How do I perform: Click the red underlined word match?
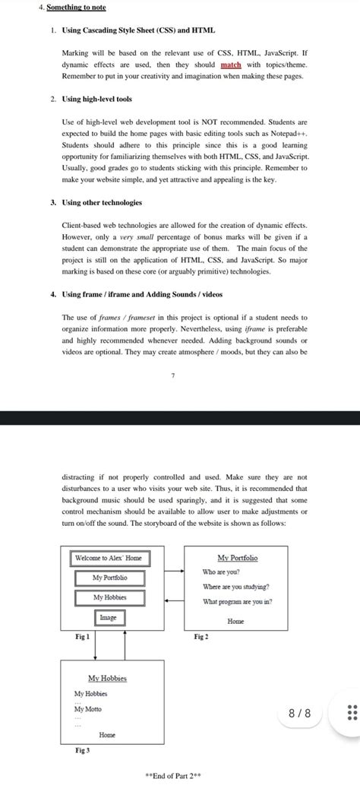(x=230, y=65)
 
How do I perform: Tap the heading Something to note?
(x=76, y=8)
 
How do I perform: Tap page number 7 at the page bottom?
(x=172, y=375)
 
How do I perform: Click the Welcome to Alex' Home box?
(x=108, y=558)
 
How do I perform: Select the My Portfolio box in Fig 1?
(x=109, y=578)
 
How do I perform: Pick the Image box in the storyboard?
(x=109, y=618)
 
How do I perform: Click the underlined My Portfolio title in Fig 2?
(x=237, y=558)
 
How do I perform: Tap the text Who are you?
(x=221, y=571)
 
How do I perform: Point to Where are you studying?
(x=235, y=587)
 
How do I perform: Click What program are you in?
(x=237, y=602)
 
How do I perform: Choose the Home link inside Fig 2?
(x=235, y=621)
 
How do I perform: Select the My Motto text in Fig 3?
(x=87, y=709)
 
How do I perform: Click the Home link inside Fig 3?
(x=107, y=735)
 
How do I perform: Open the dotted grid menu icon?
(x=351, y=713)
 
